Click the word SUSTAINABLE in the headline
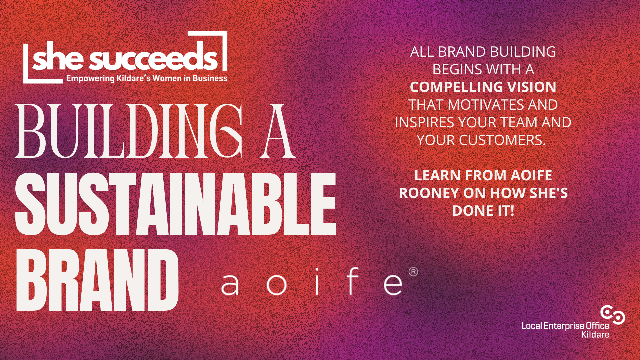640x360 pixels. [x=176, y=204]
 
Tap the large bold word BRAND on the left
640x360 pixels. [x=97, y=279]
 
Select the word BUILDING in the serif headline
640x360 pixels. [x=129, y=131]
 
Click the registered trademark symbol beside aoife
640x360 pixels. [x=413, y=272]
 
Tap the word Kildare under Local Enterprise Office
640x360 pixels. [x=595, y=334]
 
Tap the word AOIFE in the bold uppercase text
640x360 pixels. [x=531, y=175]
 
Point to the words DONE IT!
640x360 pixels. [x=483, y=211]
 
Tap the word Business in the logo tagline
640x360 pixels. [x=210, y=78]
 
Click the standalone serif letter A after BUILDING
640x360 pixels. [x=278, y=131]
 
